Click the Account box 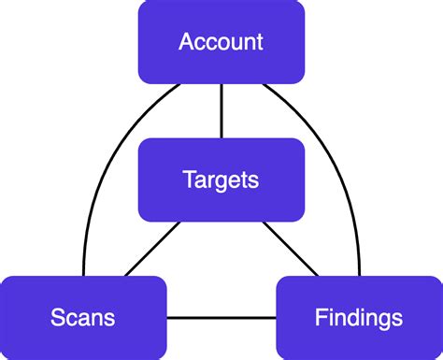coord(221,41)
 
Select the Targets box coord(221,179)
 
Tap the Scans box coord(83,318)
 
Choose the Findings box coord(360,318)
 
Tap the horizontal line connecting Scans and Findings coord(221,319)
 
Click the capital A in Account coord(187,42)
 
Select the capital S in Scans coord(58,318)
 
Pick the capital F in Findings coord(320,318)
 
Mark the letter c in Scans coord(72,319)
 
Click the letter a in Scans coord(84,319)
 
